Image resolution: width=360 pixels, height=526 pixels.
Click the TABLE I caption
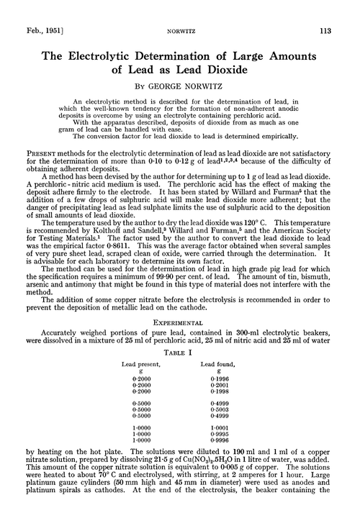[x=180, y=312]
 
